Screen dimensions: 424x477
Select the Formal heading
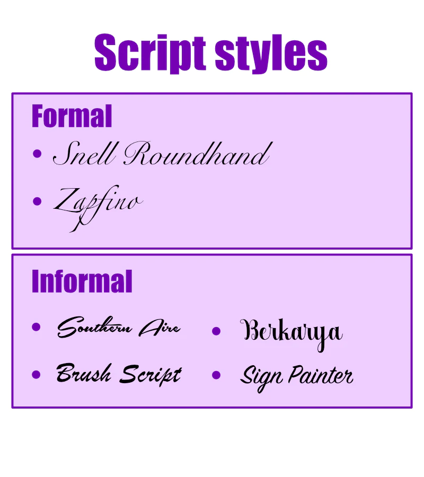tap(72, 116)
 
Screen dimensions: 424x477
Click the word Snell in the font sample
tap(84, 154)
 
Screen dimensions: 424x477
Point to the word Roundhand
tap(198, 154)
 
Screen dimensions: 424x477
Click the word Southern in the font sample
tap(94, 327)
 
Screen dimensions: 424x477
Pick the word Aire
tap(160, 328)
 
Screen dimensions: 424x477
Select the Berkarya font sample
tap(291, 334)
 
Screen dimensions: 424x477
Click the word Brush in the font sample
tap(84, 373)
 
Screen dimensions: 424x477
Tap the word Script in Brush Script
tap(151, 375)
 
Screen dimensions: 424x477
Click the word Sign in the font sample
tap(261, 378)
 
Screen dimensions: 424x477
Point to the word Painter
tap(321, 375)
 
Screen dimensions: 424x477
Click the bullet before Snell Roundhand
tap(37, 154)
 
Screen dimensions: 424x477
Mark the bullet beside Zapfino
tap(37, 201)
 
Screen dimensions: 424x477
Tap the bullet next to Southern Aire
tap(36, 327)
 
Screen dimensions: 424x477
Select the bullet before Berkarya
tap(216, 331)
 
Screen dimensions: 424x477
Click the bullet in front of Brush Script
tap(36, 375)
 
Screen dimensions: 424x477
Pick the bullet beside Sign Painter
tap(216, 375)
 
